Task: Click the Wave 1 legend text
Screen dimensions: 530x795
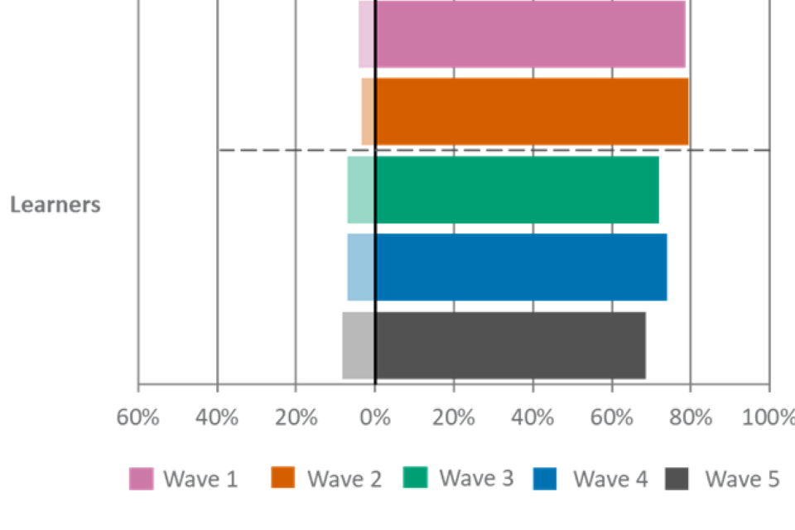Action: [200, 479]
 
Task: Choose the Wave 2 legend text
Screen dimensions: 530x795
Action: [344, 479]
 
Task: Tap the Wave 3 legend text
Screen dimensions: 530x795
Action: [476, 478]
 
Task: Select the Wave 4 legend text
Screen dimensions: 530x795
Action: [610, 479]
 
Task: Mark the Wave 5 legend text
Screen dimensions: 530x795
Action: [741, 479]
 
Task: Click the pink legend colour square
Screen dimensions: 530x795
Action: [142, 479]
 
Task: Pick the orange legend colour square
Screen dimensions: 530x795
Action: [283, 479]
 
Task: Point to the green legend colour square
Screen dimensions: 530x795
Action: [415, 478]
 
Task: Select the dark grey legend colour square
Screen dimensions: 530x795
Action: [677, 479]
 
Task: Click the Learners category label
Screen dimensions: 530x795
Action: [55, 205]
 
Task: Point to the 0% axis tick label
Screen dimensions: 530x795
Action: [375, 417]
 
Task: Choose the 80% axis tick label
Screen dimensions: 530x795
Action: [691, 417]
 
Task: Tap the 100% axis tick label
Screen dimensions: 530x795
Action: [771, 417]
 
